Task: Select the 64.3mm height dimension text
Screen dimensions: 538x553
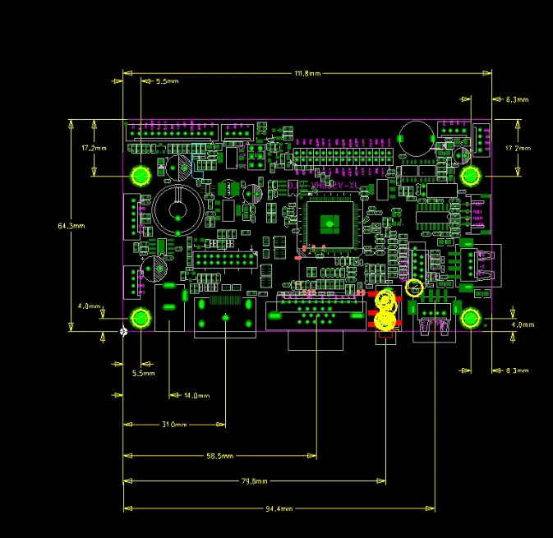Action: point(71,225)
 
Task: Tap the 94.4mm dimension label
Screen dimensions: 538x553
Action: point(279,508)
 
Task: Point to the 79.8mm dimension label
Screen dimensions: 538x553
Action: point(255,482)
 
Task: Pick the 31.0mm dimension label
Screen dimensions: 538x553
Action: point(174,425)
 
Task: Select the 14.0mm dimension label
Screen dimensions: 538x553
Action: point(196,396)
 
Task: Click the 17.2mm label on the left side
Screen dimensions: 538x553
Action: point(92,148)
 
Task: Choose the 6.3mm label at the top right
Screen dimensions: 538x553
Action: point(517,99)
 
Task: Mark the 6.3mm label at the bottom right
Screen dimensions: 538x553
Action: point(517,371)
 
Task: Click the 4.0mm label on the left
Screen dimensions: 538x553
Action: point(89,306)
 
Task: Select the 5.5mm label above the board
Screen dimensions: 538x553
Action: point(167,82)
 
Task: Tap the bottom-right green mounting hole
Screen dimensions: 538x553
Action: point(471,319)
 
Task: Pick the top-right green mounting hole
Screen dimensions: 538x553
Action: point(471,175)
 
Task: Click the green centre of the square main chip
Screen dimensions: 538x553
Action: point(329,223)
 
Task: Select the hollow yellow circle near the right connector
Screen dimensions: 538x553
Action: point(414,287)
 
